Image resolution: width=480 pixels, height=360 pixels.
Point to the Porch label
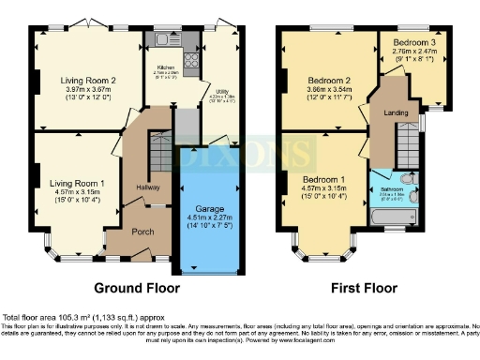[x=142, y=232]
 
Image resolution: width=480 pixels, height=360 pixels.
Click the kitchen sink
[x=166, y=40]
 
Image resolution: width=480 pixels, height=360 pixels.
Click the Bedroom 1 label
[x=322, y=178]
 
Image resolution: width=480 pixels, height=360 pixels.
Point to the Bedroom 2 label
[x=322, y=81]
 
